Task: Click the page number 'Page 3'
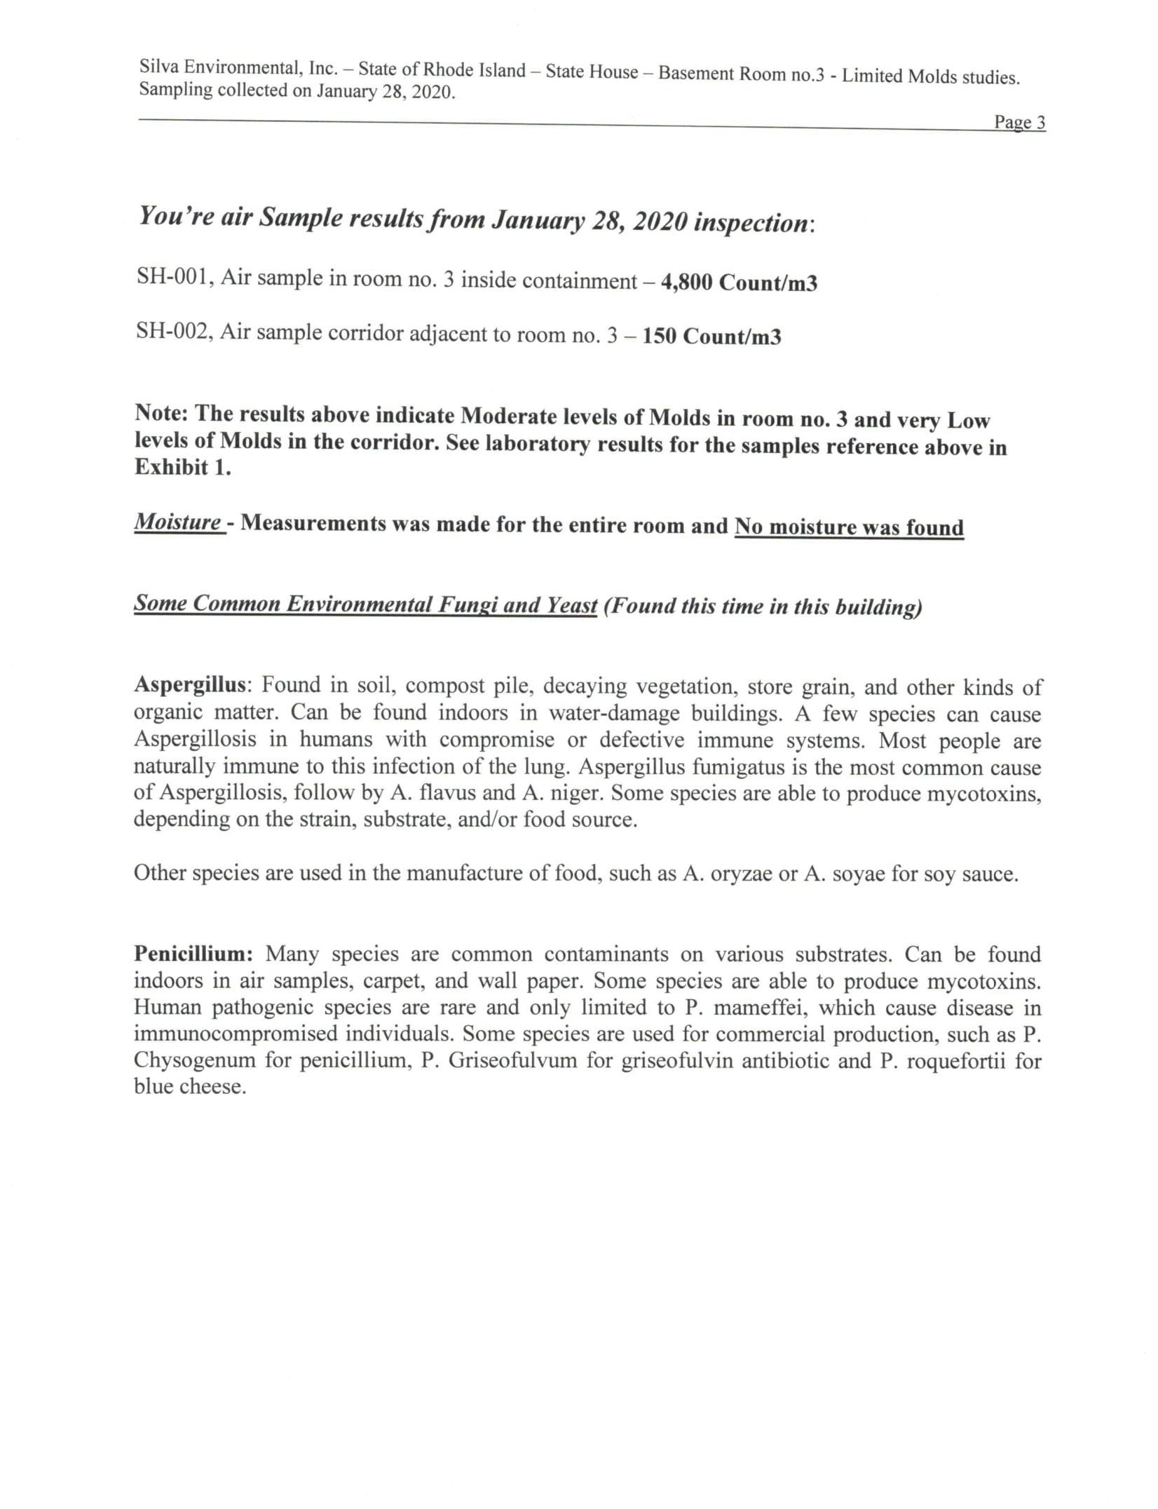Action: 1019,123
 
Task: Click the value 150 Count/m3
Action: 711,337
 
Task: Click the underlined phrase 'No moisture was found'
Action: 849,527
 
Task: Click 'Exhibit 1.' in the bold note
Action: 182,468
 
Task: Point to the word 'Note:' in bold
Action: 161,413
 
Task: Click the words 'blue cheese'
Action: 189,1087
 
